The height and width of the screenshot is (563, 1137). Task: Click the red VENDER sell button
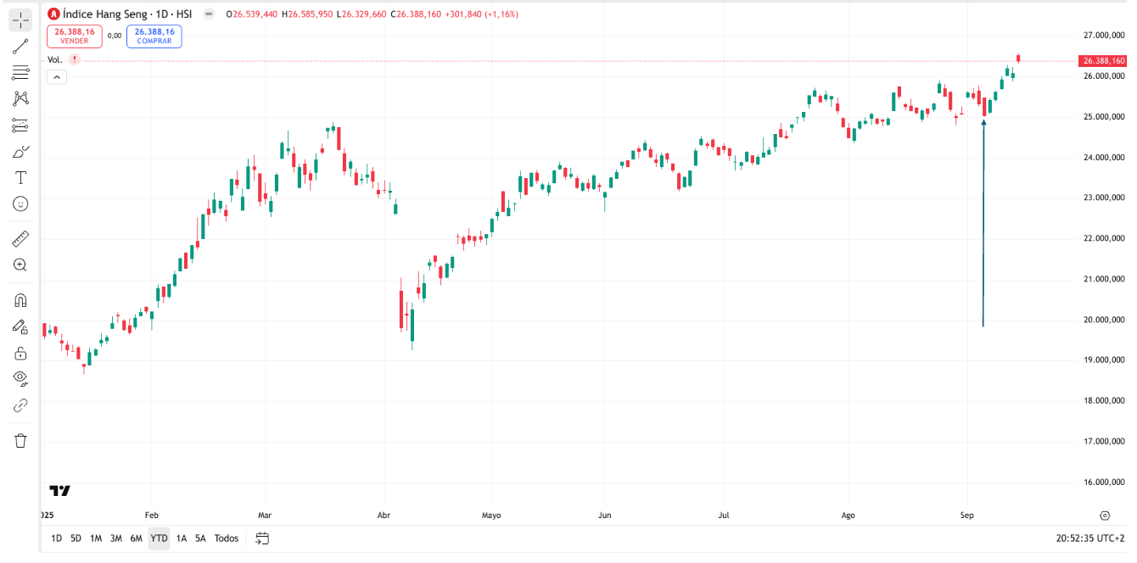click(x=74, y=36)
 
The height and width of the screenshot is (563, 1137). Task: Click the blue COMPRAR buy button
click(x=154, y=36)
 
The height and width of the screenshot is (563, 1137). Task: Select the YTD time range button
click(x=159, y=538)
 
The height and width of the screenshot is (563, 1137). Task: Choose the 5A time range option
click(x=200, y=538)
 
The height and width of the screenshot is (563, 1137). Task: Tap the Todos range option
click(x=227, y=538)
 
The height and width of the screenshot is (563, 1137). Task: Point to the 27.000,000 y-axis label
click(x=1104, y=36)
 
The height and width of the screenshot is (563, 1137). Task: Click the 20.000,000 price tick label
click(x=1104, y=320)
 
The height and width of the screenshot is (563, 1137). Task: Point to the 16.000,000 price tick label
click(x=1104, y=482)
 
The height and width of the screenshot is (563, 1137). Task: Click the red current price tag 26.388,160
click(x=1103, y=61)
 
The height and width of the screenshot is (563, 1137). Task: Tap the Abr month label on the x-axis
click(x=384, y=515)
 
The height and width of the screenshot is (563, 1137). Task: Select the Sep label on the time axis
click(x=966, y=515)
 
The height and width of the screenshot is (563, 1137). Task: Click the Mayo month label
click(x=491, y=515)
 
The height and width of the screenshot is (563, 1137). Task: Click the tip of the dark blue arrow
click(x=983, y=121)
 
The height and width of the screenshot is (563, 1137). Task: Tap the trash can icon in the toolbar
click(x=20, y=440)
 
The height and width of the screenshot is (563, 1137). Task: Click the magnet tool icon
click(x=20, y=300)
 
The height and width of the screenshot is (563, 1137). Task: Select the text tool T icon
click(x=20, y=177)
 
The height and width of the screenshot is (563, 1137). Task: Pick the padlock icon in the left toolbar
click(x=20, y=353)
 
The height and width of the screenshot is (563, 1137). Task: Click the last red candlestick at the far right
click(x=1018, y=59)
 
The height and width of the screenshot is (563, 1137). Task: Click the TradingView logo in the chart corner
click(x=59, y=491)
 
